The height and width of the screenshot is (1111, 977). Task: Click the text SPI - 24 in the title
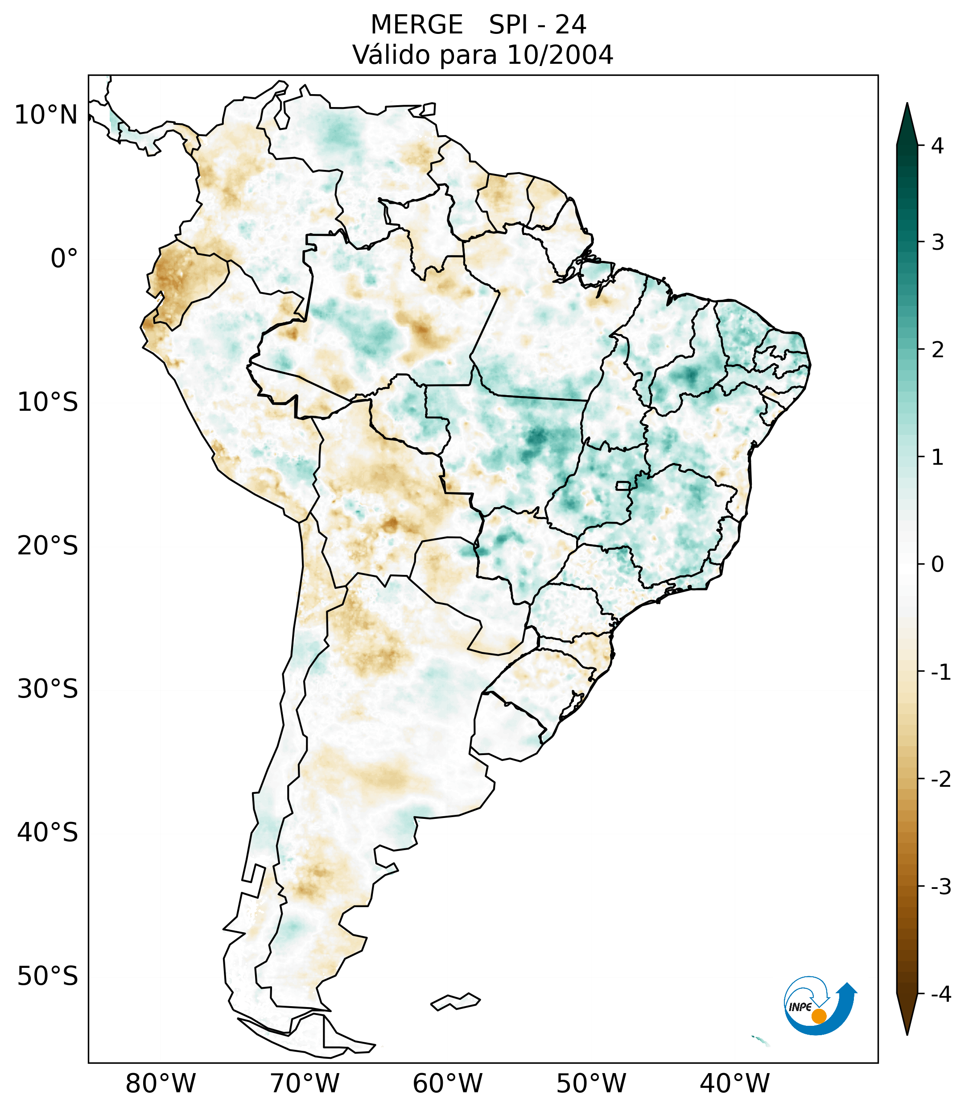pyautogui.click(x=537, y=25)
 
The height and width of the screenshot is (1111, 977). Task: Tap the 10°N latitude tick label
pyautogui.click(x=46, y=115)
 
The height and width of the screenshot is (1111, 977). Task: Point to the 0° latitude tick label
pyautogui.click(x=64, y=259)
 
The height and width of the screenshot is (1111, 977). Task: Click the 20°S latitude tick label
pyautogui.click(x=48, y=546)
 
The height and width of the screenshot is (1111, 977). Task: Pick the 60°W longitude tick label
pyautogui.click(x=447, y=1083)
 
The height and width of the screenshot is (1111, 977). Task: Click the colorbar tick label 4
pyautogui.click(x=937, y=146)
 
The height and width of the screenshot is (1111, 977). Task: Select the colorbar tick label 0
pyautogui.click(x=937, y=565)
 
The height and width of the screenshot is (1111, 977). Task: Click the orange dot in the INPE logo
pyautogui.click(x=818, y=1016)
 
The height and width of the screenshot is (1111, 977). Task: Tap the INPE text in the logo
pyautogui.click(x=800, y=1007)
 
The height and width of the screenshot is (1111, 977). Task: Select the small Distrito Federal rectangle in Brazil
pyautogui.click(x=623, y=485)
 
